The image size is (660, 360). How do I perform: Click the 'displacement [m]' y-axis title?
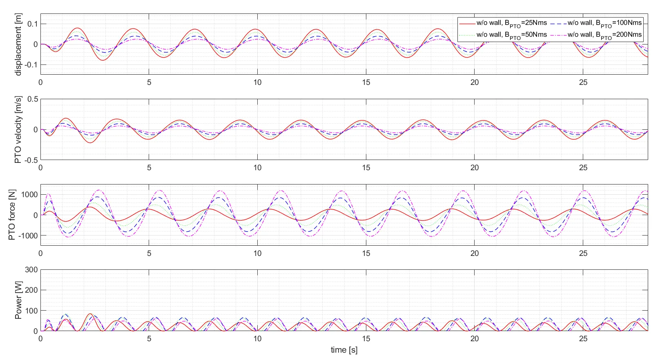pos(18,44)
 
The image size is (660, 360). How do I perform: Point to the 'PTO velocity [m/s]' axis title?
pos(18,130)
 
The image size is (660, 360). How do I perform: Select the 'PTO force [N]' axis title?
pos(12,215)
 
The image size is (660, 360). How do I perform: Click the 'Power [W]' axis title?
pos(18,300)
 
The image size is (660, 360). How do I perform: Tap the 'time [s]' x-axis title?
pos(344,350)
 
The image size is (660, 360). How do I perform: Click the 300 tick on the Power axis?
pos(31,270)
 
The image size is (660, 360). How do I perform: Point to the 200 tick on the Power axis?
pos(31,290)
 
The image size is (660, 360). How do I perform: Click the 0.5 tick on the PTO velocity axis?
pos(33,99)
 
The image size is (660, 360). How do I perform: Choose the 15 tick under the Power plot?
pos(366,339)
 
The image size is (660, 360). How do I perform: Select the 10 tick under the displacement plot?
pos(257,82)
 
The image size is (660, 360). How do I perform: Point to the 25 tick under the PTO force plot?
pos(583,253)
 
